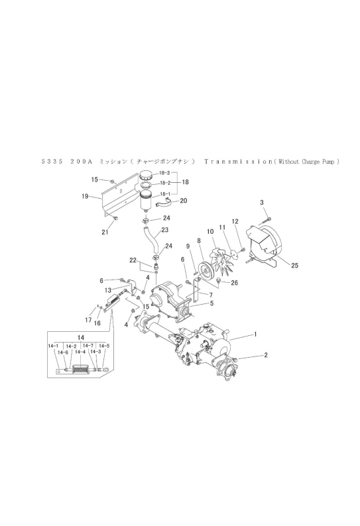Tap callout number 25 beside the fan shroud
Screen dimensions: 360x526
294,266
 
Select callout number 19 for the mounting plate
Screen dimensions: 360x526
85,196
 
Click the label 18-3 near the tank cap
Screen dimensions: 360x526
164,173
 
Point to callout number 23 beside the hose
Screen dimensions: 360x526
164,230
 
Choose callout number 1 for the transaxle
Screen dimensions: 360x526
255,334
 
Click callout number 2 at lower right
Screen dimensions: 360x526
266,354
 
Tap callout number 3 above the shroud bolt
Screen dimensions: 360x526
262,202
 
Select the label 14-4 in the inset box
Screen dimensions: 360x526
80,352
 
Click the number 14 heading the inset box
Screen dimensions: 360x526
81,337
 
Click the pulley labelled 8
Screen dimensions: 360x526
204,271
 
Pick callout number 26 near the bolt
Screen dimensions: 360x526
234,283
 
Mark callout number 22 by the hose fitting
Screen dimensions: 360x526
133,260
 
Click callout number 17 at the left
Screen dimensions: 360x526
88,320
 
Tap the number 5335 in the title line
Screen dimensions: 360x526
52,162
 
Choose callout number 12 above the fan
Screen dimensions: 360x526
235,221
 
